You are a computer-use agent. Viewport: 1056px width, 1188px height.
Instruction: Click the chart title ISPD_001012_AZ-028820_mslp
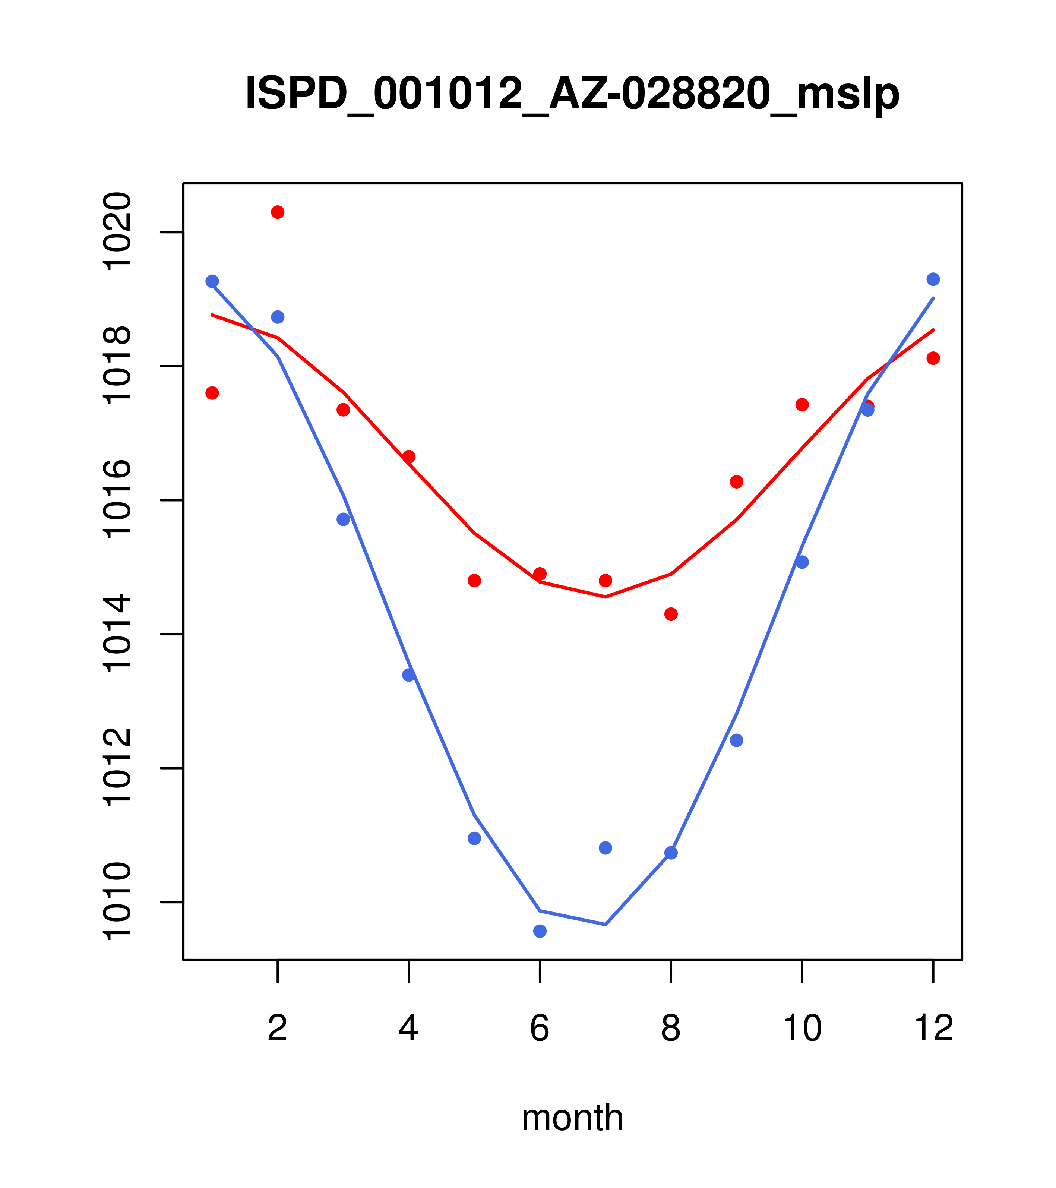click(x=572, y=94)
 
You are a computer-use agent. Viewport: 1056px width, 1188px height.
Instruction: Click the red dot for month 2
click(x=278, y=212)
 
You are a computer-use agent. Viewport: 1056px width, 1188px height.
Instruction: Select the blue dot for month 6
click(x=540, y=931)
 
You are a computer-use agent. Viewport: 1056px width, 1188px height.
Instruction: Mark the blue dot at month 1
click(x=212, y=281)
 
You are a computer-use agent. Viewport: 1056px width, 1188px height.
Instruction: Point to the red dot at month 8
click(x=671, y=614)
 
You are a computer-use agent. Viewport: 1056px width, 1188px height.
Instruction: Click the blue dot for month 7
click(x=605, y=848)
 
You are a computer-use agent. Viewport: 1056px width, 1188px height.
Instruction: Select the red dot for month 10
click(x=802, y=405)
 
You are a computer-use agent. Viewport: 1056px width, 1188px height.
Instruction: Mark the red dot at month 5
click(x=474, y=581)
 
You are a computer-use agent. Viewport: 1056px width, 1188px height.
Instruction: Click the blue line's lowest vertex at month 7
click(x=606, y=924)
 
